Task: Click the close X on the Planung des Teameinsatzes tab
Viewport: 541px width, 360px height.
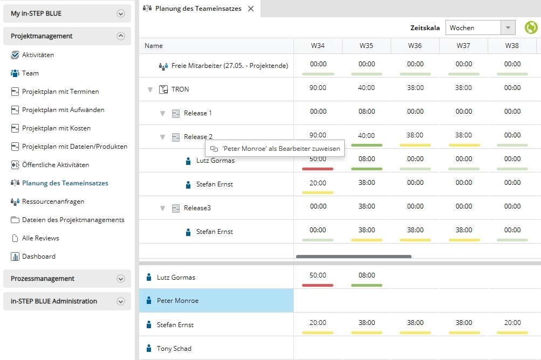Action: tap(251, 9)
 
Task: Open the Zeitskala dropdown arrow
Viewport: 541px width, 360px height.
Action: tap(508, 27)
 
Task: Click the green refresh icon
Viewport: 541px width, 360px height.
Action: tap(531, 27)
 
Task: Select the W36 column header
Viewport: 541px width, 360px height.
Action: tap(415, 45)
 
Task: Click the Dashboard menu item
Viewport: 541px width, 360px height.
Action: tap(39, 256)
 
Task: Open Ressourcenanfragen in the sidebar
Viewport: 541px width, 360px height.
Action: tap(53, 202)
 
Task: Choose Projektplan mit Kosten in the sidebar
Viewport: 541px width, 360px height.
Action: tap(56, 128)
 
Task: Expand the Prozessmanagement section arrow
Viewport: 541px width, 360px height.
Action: tap(120, 279)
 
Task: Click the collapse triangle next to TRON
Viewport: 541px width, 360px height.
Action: tap(150, 89)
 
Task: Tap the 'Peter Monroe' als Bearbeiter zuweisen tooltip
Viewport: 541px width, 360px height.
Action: tap(275, 148)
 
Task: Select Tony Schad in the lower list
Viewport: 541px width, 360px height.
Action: tap(174, 348)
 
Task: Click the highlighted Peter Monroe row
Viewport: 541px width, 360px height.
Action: tap(216, 300)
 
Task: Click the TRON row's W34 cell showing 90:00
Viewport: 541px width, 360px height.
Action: tap(318, 88)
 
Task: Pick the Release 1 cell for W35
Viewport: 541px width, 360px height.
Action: tap(366, 112)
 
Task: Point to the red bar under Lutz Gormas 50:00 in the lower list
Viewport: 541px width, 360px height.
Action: tap(317, 285)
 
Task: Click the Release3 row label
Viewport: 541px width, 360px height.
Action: tap(197, 208)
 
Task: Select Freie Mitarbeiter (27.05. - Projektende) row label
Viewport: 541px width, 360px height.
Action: tap(229, 66)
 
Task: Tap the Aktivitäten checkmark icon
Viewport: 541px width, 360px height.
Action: tap(15, 55)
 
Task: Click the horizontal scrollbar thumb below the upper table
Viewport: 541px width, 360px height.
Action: tap(354, 257)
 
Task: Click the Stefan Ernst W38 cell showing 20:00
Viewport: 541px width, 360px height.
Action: tap(512, 323)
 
